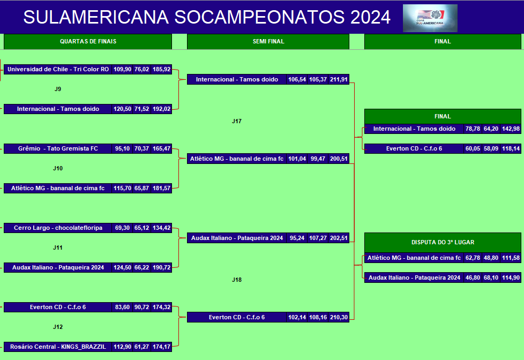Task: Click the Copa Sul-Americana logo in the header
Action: tap(430, 18)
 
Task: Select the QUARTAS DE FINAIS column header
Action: tap(88, 41)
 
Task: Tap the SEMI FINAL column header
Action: tap(268, 41)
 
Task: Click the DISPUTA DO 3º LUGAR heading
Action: tap(443, 242)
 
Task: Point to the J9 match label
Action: tap(58, 89)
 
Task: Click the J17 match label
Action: tap(237, 121)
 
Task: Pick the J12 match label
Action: tap(58, 327)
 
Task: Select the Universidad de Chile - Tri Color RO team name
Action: tap(58, 69)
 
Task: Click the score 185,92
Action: tap(161, 69)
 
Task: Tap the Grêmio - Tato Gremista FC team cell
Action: tap(58, 148)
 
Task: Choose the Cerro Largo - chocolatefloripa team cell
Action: tap(58, 228)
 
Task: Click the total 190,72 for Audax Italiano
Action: tap(161, 267)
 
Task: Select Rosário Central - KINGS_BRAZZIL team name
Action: tap(58, 347)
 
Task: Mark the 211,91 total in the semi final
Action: tap(339, 79)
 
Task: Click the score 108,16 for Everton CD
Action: tap(318, 317)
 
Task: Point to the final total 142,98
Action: tap(511, 129)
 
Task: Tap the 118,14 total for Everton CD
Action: tap(511, 148)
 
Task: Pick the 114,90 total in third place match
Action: tap(511, 277)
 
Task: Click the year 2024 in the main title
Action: tap(370, 17)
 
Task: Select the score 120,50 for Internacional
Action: tap(122, 109)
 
